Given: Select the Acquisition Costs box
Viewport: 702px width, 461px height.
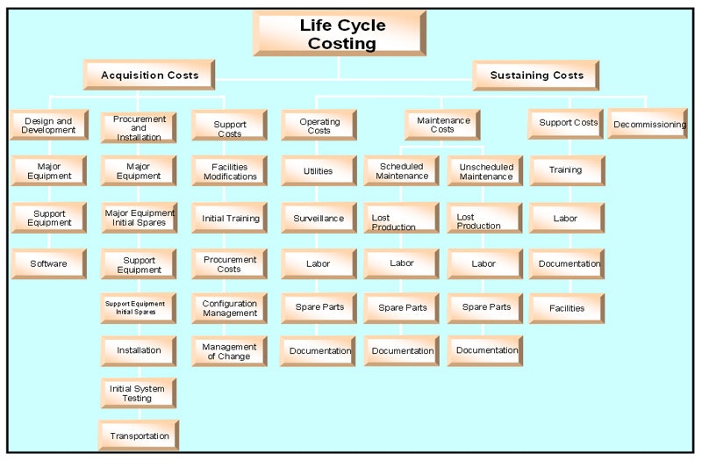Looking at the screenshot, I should [x=150, y=76].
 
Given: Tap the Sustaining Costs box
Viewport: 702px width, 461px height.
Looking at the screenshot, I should [x=536, y=76].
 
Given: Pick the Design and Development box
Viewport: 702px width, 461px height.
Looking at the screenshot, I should [x=49, y=125].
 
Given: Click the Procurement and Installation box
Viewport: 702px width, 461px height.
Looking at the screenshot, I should [x=139, y=127].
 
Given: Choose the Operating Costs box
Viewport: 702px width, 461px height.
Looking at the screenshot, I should [x=319, y=125].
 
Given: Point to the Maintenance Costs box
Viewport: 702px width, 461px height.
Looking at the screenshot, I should [x=442, y=125].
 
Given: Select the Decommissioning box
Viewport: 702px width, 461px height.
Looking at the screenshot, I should [x=649, y=125].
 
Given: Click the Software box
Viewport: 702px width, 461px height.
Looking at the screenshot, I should [x=49, y=263].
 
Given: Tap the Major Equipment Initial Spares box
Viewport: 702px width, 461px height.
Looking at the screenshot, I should [x=140, y=217].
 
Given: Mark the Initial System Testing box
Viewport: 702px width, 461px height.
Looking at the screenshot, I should [x=139, y=393].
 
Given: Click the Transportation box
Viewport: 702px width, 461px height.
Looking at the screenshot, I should [x=139, y=436].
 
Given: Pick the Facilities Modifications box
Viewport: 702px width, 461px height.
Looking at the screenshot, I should [x=230, y=171].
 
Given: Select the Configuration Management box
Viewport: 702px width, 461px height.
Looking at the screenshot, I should [x=230, y=308].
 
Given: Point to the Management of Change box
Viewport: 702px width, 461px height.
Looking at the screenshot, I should [x=230, y=351].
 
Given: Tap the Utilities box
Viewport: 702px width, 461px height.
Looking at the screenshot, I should [x=319, y=171].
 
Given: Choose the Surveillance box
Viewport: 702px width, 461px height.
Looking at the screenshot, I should [x=319, y=218].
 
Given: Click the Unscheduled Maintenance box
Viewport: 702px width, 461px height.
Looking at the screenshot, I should [x=485, y=171].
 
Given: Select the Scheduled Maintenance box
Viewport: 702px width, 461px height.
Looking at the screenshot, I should [x=401, y=171].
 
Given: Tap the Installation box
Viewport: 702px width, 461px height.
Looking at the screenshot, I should [x=140, y=350].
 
